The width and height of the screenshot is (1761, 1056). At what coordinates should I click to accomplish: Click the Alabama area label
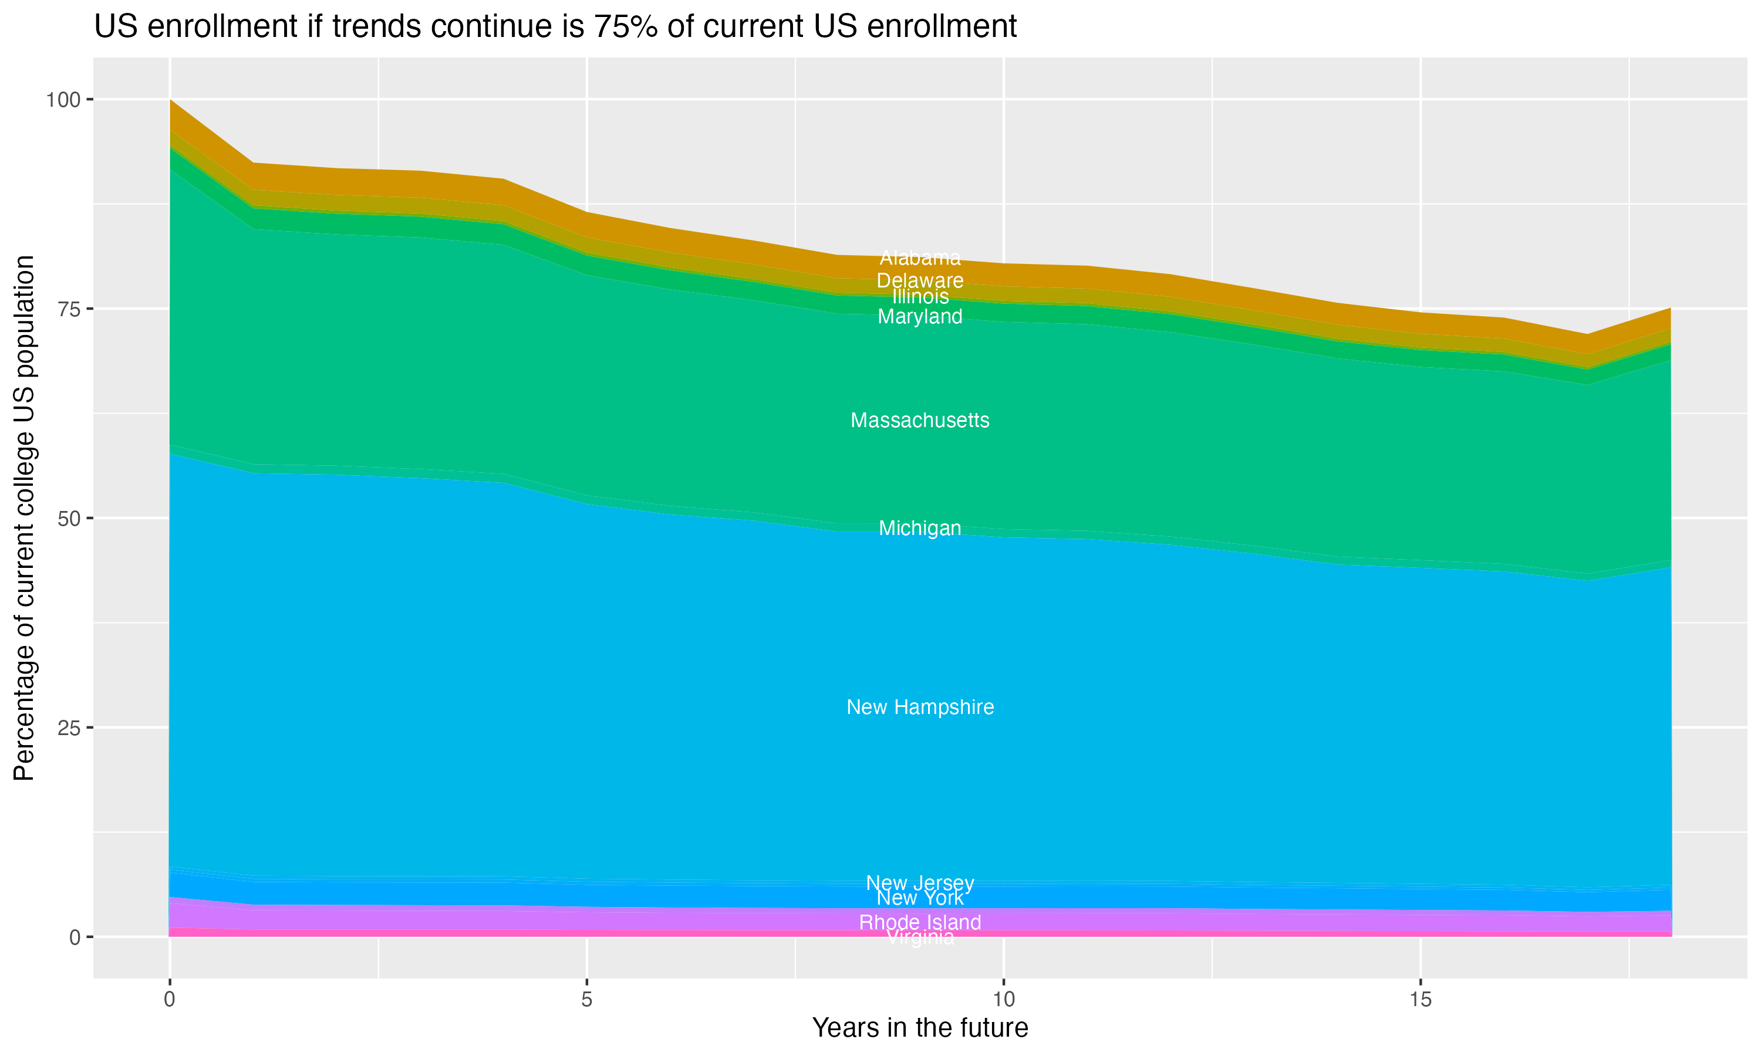(x=920, y=258)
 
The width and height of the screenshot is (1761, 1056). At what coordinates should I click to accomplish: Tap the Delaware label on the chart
(x=920, y=280)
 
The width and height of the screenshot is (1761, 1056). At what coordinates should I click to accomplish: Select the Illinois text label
(x=920, y=296)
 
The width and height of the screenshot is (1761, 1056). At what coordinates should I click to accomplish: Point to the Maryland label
(x=920, y=317)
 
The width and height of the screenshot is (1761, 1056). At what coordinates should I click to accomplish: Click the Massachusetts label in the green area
(x=920, y=421)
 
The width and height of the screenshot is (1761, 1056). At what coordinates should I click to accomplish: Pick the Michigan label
(x=920, y=528)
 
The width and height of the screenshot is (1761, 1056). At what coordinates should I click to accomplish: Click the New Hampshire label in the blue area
(x=920, y=708)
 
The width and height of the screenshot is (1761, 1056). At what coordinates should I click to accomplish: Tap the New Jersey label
(x=920, y=882)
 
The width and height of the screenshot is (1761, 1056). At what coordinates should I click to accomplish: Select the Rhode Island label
(x=920, y=922)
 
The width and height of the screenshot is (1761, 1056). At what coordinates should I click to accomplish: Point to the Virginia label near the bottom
(x=920, y=939)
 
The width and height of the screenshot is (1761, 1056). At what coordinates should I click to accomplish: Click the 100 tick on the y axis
(x=63, y=100)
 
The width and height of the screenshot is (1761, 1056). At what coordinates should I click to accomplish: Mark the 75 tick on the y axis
(x=68, y=309)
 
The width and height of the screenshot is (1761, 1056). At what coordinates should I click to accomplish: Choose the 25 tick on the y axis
(x=68, y=727)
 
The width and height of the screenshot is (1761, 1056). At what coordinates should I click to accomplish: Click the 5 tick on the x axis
(x=586, y=1000)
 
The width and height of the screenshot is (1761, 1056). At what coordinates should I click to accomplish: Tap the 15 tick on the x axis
(x=1420, y=1000)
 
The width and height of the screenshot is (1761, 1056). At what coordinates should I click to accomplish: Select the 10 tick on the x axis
(x=1003, y=1000)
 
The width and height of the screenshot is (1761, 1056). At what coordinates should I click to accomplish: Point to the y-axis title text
(x=24, y=517)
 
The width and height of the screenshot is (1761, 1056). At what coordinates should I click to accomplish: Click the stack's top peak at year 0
(x=170, y=100)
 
